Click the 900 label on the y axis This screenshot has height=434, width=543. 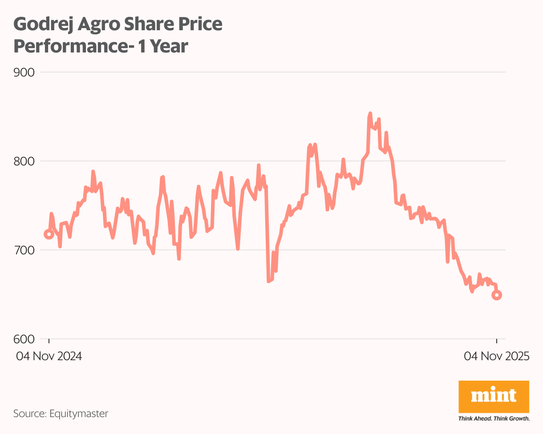tap(24, 72)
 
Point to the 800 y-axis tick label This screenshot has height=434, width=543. tap(24, 161)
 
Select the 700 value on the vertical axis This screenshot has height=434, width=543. tap(24, 250)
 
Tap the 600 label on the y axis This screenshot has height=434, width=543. tap(24, 339)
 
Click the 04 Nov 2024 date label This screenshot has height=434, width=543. tap(49, 356)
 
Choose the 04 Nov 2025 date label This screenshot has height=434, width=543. tap(496, 356)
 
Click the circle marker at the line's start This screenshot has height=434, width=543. tap(49, 234)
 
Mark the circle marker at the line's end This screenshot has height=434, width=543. tap(497, 295)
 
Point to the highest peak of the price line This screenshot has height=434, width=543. tap(370, 114)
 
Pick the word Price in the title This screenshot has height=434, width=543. tap(203, 24)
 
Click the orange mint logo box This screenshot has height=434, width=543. tap(494, 396)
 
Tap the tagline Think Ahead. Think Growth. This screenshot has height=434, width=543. tap(494, 418)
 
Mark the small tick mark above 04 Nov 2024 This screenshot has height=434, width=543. tap(49, 341)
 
